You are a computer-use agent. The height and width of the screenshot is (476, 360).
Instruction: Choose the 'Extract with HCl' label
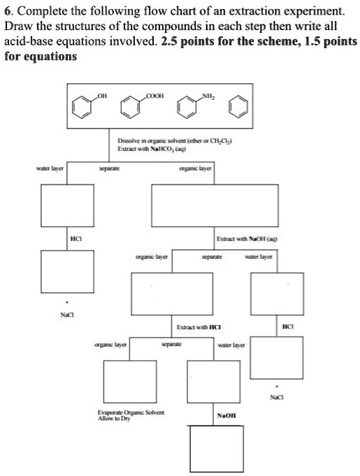(x=200, y=327)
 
